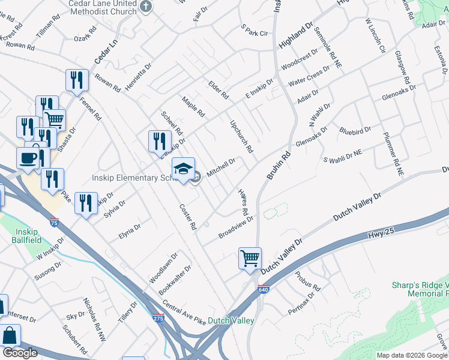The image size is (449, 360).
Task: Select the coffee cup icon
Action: click(x=28, y=159)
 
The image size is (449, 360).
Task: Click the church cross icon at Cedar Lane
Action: click(x=146, y=7)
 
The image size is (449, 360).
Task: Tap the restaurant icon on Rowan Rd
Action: click(x=77, y=80)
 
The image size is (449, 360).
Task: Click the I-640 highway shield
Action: click(x=264, y=289)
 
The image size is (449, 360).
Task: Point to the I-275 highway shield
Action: click(x=158, y=317)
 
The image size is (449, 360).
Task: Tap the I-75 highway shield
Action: click(x=55, y=223)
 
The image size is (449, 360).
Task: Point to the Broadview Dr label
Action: click(x=237, y=227)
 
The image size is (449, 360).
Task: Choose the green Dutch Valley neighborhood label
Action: click(x=231, y=321)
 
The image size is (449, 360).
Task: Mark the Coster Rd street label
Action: click(x=188, y=217)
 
